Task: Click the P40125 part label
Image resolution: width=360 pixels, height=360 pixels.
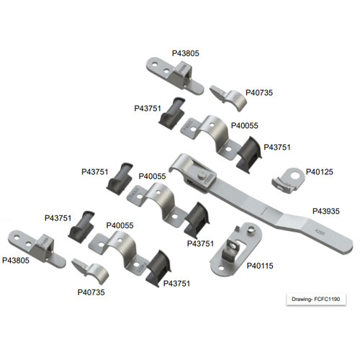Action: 320,172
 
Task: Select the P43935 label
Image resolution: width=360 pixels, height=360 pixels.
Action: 326,211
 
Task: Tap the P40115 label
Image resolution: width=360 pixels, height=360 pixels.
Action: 260,266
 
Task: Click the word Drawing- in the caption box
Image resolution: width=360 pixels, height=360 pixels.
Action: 302,300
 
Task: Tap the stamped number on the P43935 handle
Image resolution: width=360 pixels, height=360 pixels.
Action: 320,233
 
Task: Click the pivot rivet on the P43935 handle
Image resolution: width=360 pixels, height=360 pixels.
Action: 202,176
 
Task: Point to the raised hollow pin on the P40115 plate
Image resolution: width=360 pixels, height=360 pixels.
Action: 251,230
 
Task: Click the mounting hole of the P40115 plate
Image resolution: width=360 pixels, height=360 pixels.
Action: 221,268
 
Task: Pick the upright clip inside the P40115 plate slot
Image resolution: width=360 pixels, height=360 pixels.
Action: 231,251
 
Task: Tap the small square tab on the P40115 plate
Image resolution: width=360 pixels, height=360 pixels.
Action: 237,229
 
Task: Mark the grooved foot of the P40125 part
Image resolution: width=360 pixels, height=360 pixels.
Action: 282,185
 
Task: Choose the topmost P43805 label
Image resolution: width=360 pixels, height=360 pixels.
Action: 186,53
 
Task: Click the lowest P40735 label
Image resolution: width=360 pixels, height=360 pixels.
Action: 91,292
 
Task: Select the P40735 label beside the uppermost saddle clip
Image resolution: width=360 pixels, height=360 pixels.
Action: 259,93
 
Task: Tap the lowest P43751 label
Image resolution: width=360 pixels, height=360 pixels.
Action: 176,284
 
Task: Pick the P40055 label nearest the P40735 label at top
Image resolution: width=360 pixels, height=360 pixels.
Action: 245,125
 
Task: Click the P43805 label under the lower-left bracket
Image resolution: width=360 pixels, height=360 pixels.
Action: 16,261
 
